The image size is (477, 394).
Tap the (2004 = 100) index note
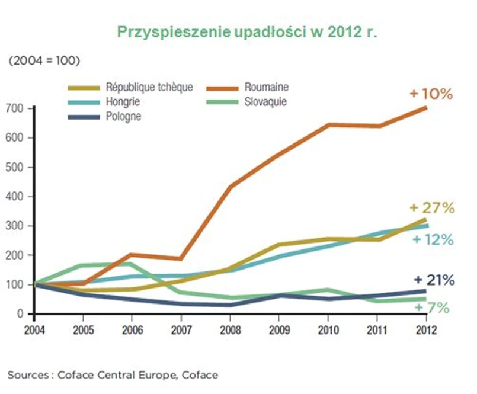[44, 61]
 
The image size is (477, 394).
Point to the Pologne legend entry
[123, 116]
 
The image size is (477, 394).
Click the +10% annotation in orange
[431, 94]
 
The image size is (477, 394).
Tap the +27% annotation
[432, 208]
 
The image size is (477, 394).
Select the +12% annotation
[433, 240]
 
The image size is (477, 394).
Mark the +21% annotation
[434, 280]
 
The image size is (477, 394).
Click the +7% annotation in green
[432, 308]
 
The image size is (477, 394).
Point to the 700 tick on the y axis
[16, 108]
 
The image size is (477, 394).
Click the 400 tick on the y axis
[16, 197]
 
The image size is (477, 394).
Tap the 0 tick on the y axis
[20, 314]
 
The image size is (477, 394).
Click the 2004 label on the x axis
[35, 329]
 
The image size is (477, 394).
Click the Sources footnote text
[113, 374]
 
